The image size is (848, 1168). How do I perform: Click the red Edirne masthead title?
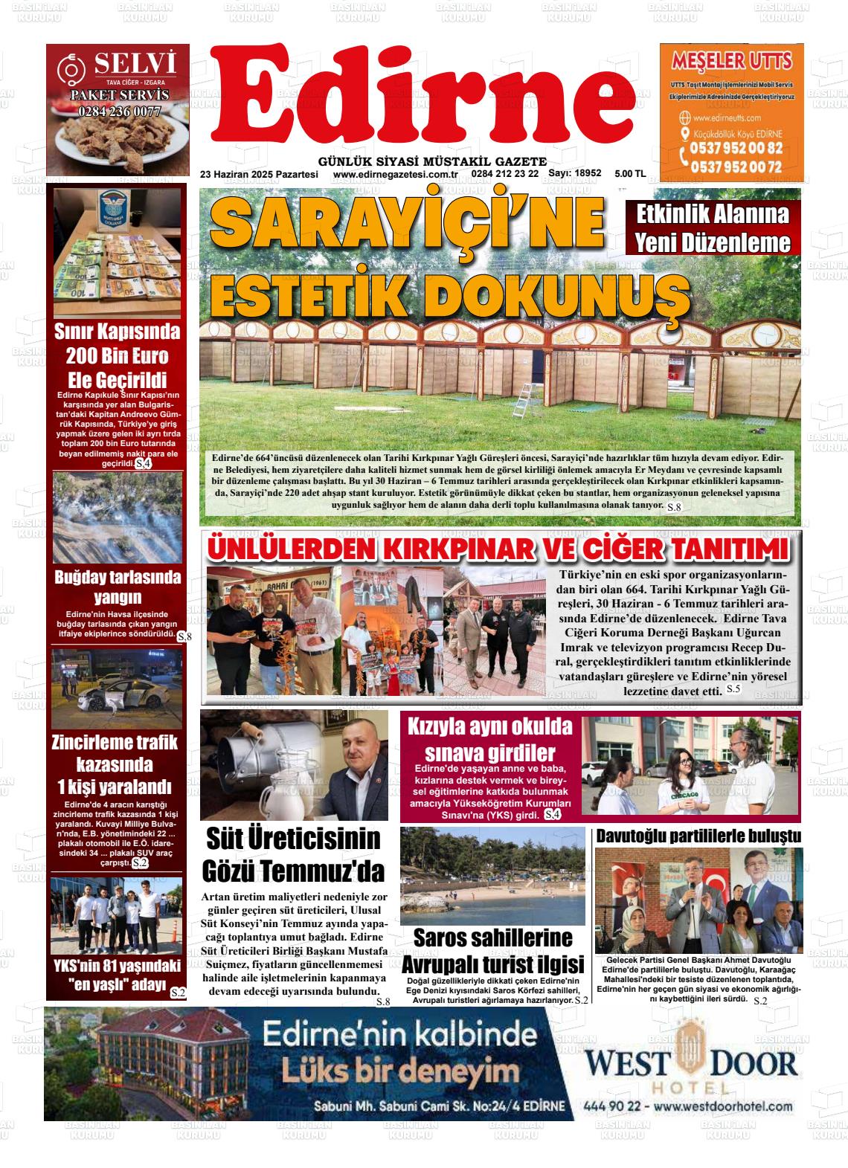[x=424, y=100]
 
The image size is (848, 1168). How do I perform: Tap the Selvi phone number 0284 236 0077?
[x=119, y=112]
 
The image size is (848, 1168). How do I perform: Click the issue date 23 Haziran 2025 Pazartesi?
[x=259, y=174]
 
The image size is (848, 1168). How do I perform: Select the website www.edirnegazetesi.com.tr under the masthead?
[x=394, y=174]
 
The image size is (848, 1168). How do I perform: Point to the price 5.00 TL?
[x=630, y=174]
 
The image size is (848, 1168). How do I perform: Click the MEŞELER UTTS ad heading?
[x=731, y=60]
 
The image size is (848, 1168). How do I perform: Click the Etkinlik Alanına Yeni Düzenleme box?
[x=712, y=228]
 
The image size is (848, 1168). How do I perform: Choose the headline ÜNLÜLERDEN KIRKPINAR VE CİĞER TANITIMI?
[x=497, y=549]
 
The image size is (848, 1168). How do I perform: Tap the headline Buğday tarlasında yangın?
[x=118, y=587]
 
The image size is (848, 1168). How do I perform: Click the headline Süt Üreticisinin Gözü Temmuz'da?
[x=293, y=854]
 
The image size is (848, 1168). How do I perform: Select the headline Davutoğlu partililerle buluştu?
[x=698, y=836]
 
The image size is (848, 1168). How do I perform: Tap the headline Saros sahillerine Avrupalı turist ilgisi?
[x=492, y=951]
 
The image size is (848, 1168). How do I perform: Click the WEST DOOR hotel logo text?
[x=690, y=1063]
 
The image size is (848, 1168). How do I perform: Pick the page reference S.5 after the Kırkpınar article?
[x=733, y=689]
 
